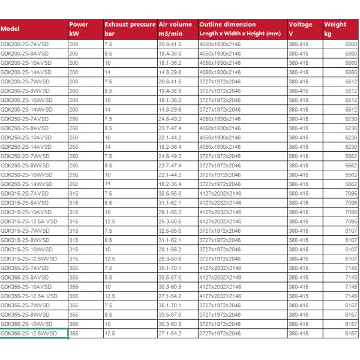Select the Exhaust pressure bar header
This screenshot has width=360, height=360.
(x=129, y=28)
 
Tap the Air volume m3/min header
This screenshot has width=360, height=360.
(x=175, y=28)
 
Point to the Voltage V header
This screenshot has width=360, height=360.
(x=301, y=28)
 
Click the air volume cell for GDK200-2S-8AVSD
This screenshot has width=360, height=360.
(x=171, y=54)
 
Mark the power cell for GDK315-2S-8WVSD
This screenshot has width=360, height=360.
(x=73, y=239)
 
